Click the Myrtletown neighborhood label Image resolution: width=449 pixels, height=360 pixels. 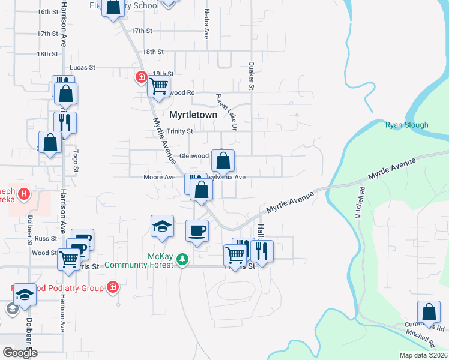193,114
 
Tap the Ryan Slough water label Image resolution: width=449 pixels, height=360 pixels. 406,125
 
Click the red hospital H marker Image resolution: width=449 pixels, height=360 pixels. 23,194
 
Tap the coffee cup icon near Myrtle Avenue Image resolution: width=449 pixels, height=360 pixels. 197,230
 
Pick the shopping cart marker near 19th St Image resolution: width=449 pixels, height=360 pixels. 159,86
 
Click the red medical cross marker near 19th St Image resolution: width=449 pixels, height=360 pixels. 141,77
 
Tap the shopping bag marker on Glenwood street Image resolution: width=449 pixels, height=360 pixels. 223,161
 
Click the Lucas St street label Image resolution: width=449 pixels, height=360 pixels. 83,67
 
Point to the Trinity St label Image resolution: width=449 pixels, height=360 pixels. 180,131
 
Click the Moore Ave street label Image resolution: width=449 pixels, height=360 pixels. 159,177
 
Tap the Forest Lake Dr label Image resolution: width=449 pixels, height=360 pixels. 227,111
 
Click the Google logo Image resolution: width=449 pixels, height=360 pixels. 20,353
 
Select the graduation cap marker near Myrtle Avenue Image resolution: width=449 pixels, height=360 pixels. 162,226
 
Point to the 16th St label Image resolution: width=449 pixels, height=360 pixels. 47,11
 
